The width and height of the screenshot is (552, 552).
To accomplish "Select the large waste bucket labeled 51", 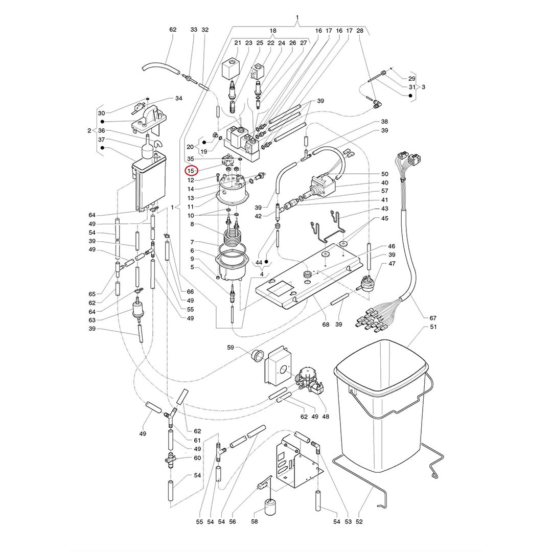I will point(381,409).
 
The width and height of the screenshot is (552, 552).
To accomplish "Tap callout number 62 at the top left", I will point(173,30).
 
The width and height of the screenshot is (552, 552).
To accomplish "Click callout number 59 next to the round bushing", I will point(231,348).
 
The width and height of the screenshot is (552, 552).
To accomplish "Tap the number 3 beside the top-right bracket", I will point(423,87).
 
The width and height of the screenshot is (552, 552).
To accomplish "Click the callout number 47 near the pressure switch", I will point(392,264).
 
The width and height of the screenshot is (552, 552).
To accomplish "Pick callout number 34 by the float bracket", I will point(178,98).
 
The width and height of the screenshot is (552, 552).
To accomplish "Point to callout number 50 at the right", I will point(384,174).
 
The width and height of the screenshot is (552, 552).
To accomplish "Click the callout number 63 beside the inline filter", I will point(92,320).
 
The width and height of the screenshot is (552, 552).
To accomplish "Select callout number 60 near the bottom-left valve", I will point(197,458).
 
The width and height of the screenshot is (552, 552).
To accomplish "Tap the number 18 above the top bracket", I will point(273,31).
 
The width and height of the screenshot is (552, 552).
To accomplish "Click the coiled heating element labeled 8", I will point(233,238).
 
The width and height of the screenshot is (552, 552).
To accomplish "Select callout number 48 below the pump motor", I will point(326,416).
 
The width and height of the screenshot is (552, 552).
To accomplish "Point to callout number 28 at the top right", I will point(360,31).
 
